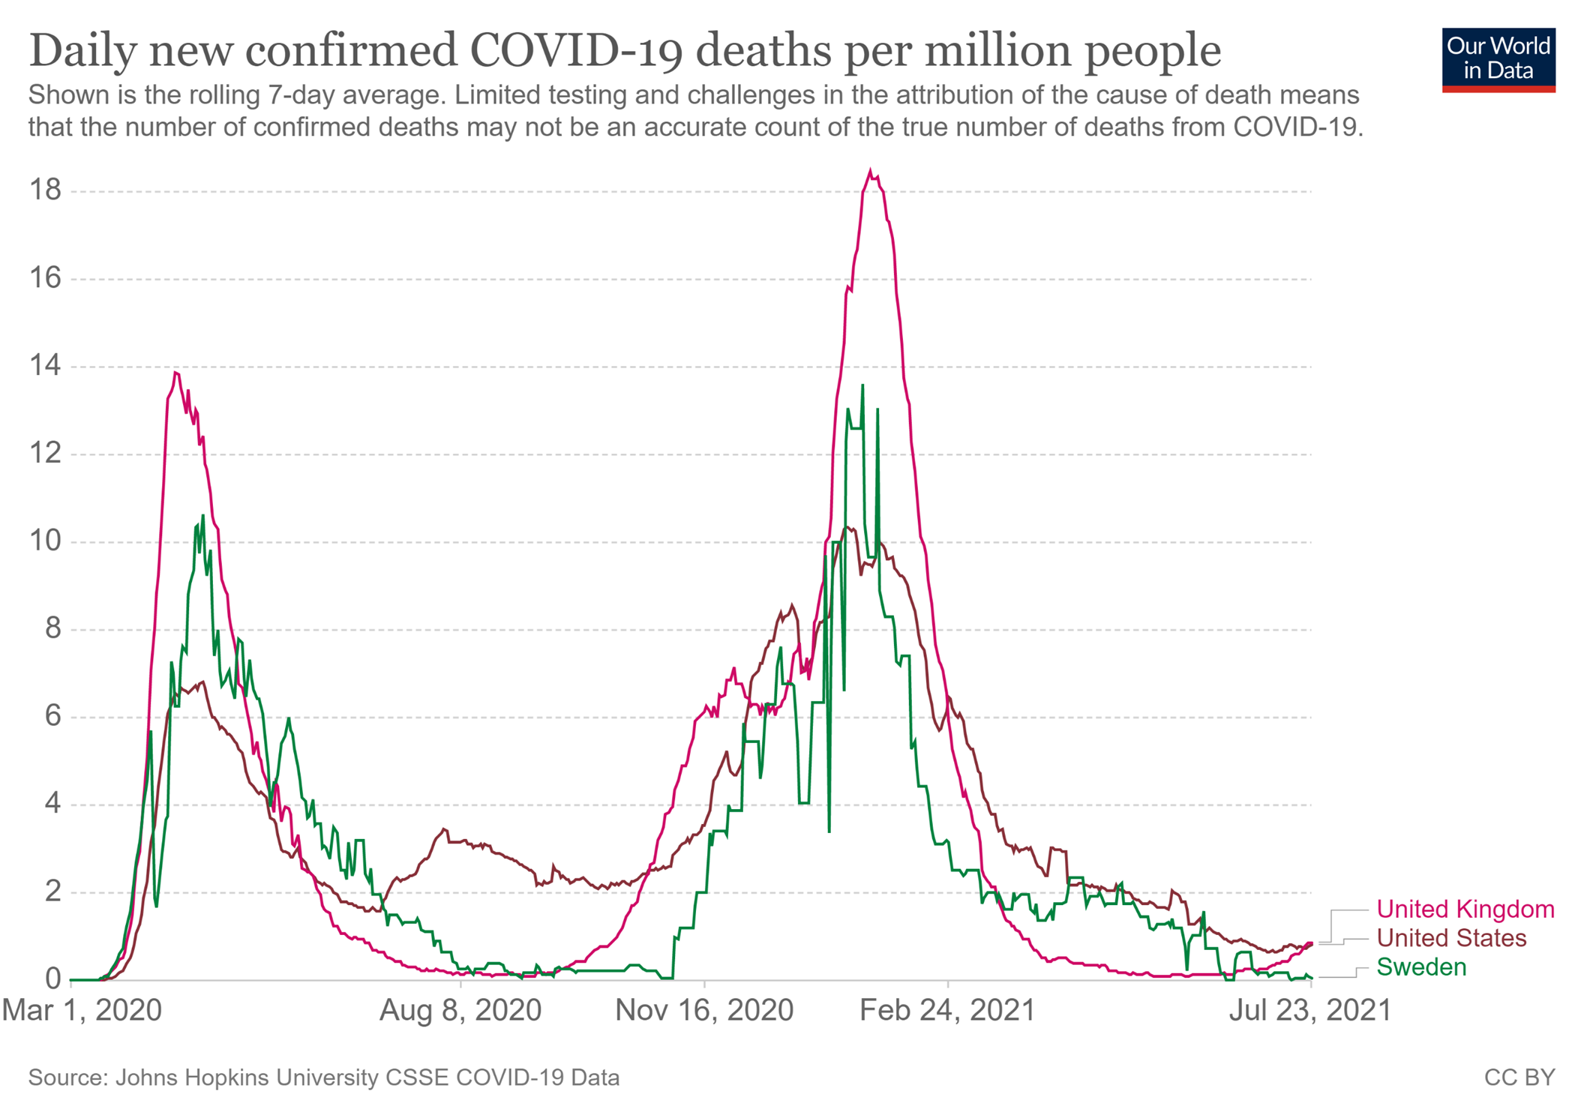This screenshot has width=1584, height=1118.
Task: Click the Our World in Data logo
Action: (x=1498, y=59)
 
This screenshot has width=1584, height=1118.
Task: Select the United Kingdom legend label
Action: (x=1465, y=909)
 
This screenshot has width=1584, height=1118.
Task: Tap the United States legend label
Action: (x=1451, y=938)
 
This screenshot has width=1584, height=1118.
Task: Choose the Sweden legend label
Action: (x=1421, y=967)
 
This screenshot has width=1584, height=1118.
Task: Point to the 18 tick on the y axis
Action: (x=45, y=190)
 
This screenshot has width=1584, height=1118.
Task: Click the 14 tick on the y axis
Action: (x=45, y=366)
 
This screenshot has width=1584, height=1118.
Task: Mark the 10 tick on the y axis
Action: (x=45, y=541)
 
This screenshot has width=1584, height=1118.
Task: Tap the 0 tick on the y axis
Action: (x=52, y=979)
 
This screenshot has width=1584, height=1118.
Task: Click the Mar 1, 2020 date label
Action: (x=82, y=1010)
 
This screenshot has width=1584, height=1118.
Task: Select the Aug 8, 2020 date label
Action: (x=460, y=1010)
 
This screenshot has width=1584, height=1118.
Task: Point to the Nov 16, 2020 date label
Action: (x=704, y=1010)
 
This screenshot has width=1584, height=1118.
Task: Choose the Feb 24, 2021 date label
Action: (x=947, y=1010)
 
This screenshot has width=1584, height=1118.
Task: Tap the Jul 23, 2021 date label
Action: (x=1309, y=1010)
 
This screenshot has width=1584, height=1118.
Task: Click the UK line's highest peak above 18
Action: (x=870, y=171)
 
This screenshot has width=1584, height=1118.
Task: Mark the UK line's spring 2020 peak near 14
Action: (x=175, y=373)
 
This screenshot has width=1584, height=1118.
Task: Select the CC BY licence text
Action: (x=1519, y=1078)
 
